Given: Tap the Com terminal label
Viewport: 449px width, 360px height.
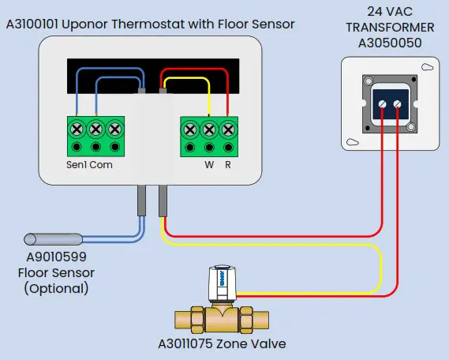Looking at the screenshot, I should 101,165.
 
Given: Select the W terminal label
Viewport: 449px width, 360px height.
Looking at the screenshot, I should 209,165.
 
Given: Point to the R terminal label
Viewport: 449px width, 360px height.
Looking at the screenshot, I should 228,165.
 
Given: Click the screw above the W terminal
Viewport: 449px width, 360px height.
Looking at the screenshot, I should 209,128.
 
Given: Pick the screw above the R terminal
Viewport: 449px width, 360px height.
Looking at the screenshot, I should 228,128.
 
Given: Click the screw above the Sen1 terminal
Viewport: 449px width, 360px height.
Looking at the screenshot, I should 76,128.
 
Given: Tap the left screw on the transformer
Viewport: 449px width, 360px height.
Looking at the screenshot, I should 383,103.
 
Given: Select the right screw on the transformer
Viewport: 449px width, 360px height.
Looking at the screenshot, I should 398,103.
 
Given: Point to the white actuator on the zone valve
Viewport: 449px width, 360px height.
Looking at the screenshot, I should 223,284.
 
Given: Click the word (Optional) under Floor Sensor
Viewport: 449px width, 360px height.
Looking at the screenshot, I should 57,288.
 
